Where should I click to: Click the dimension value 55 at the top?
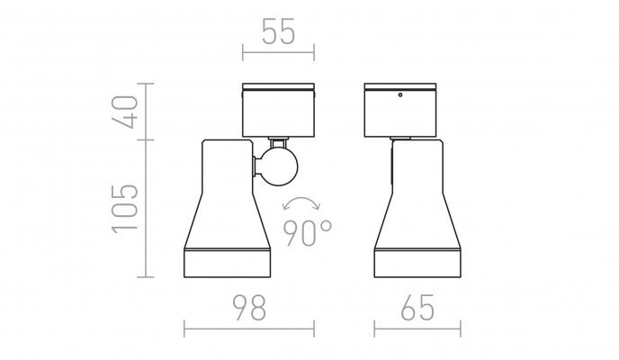click(x=278, y=31)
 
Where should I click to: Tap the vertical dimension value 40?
click(x=126, y=112)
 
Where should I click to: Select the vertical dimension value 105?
click(x=126, y=209)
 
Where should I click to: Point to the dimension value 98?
click(x=249, y=307)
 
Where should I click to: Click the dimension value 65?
click(x=417, y=307)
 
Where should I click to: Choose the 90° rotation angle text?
click(x=308, y=232)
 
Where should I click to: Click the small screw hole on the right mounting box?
click(x=400, y=94)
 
